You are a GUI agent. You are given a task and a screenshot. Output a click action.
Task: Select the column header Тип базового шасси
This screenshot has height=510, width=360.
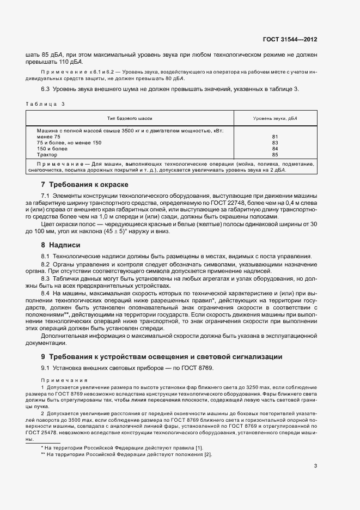click(x=130, y=118)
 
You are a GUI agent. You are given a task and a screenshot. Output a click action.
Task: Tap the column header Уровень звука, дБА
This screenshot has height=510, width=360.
click(x=275, y=118)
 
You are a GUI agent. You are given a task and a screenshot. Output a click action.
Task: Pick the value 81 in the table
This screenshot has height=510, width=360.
click(x=274, y=137)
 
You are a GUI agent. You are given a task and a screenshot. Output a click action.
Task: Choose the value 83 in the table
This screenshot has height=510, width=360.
click(x=274, y=143)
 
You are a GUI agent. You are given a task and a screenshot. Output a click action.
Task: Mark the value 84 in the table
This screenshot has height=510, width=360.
click(x=274, y=149)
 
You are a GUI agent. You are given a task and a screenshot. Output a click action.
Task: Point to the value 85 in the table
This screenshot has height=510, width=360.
click(x=274, y=155)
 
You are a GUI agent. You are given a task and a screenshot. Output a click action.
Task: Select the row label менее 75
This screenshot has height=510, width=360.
click(x=49, y=137)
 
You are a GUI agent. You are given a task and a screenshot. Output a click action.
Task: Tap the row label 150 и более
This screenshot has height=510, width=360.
click(x=52, y=149)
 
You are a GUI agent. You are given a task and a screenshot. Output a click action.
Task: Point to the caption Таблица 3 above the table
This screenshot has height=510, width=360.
click(x=45, y=104)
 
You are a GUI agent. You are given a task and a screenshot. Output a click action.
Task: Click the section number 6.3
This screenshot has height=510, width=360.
click(x=46, y=89)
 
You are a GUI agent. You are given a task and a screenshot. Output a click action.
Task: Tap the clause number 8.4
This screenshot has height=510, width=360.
click(x=46, y=293)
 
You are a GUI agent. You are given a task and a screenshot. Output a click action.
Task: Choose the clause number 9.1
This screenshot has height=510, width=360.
click(x=46, y=369)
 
